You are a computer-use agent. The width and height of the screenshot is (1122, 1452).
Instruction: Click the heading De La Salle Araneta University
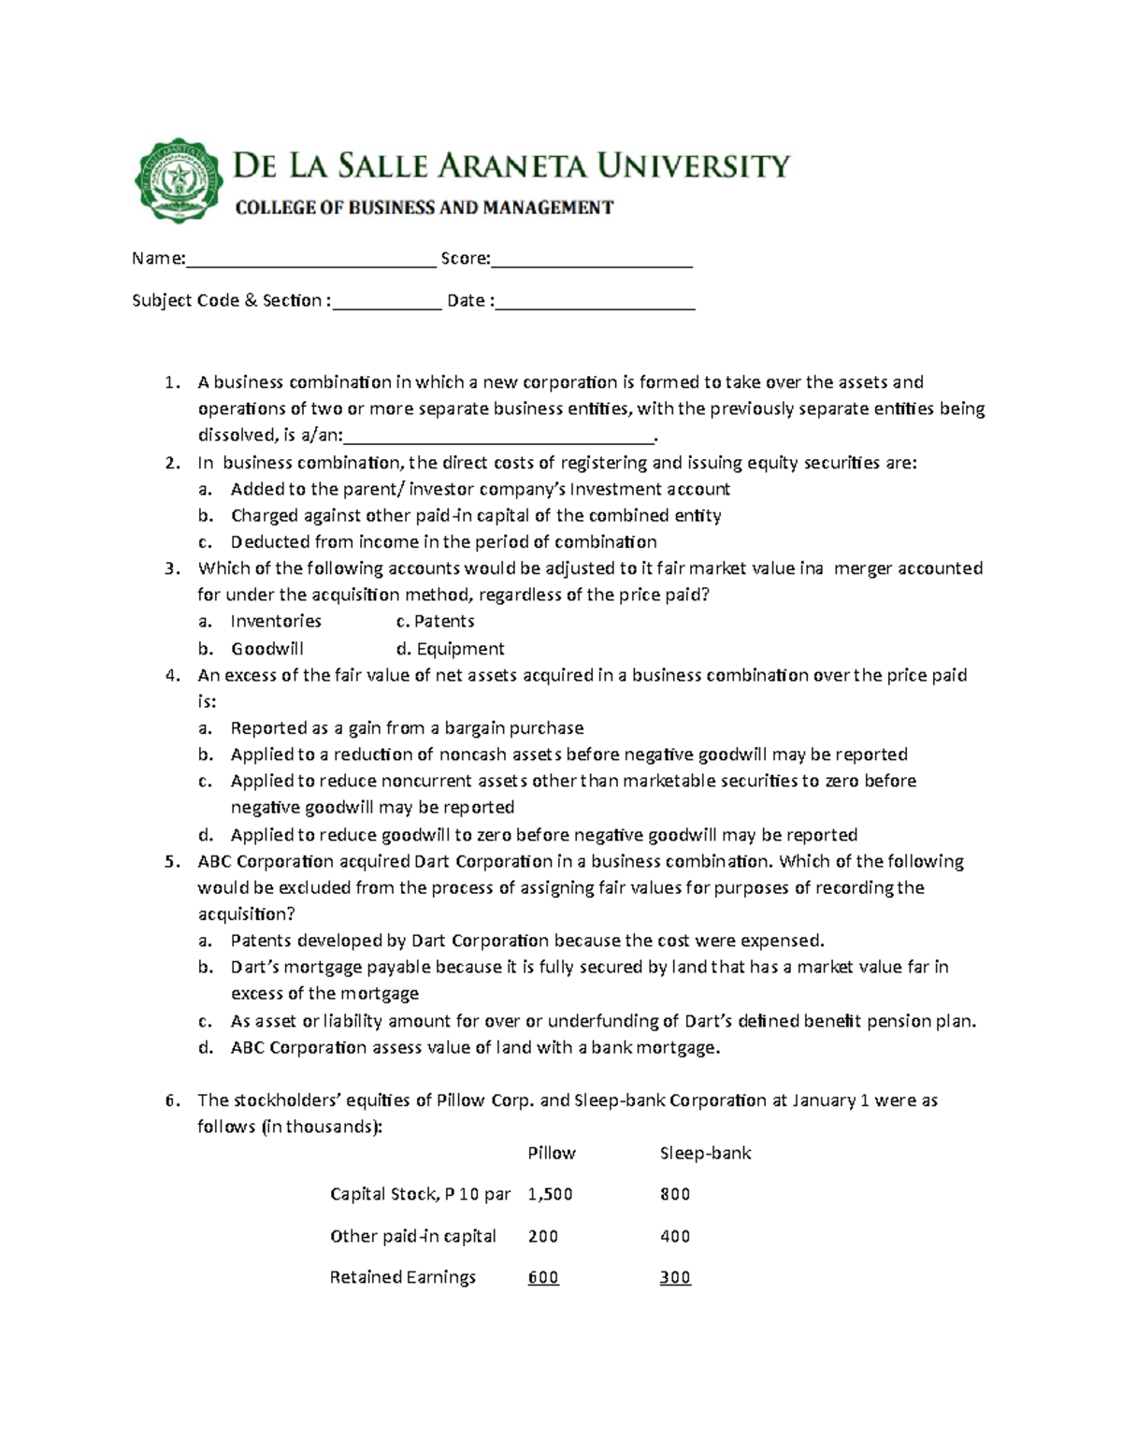pos(511,166)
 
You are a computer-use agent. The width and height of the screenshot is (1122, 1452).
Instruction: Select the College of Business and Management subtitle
pos(424,208)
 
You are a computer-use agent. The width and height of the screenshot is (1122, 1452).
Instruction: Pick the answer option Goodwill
pos(267,649)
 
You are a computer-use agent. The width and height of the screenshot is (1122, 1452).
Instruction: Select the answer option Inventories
pos(276,622)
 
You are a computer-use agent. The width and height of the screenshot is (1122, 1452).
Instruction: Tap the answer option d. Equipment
pos(450,649)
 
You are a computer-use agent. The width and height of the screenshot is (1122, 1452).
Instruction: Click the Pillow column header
pos(552,1154)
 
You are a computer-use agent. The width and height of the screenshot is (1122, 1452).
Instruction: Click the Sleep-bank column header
pos(705,1154)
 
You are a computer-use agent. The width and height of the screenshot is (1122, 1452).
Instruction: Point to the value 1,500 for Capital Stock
pos(550,1194)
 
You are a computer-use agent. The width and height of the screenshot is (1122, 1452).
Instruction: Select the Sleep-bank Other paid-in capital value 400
pos(674,1236)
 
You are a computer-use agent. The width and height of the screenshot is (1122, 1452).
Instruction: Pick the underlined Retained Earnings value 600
pos(543,1277)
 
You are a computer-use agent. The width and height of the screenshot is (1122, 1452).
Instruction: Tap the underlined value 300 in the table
pos(674,1277)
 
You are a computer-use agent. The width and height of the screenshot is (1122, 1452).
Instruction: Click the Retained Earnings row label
pos(402,1277)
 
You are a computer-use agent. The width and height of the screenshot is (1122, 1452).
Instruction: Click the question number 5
pos(171,862)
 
